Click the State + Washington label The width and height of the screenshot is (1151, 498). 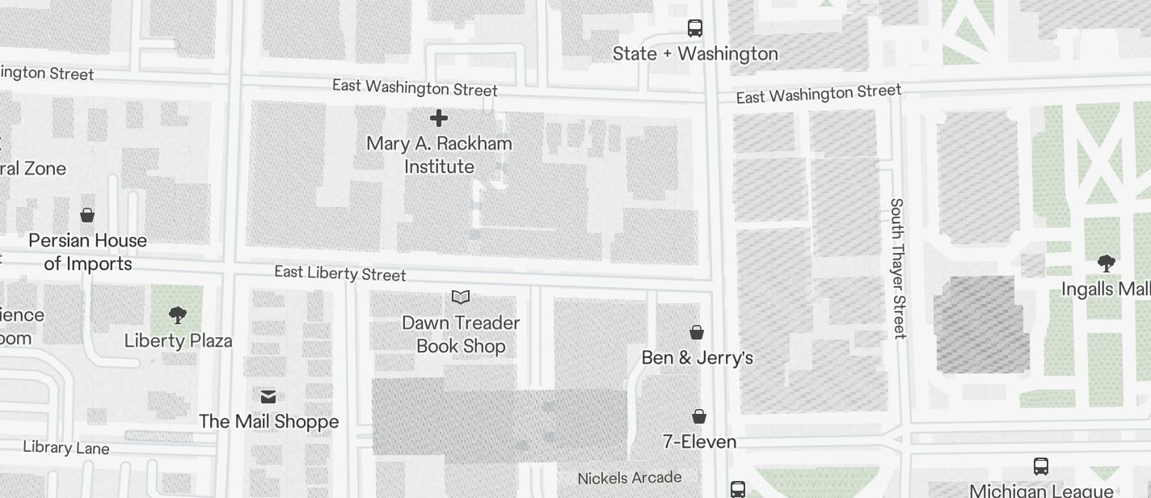pos(695,54)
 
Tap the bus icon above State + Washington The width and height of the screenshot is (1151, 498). pos(694,28)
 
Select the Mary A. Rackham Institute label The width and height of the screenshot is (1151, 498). pos(439,154)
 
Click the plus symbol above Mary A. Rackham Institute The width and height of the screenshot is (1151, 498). pos(439,119)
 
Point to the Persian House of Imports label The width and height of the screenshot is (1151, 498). pos(87,251)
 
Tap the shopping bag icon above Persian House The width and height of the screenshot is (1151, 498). pos(87,215)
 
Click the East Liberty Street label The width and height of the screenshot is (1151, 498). pos(339,273)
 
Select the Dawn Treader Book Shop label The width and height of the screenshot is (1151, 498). pos(461,334)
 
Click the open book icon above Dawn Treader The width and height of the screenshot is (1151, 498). pos(461,298)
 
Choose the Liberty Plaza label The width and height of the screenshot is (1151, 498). pos(178,340)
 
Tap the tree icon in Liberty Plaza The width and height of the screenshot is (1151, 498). pos(178,314)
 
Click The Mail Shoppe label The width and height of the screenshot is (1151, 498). pos(268,421)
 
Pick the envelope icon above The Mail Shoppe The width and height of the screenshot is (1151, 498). pos(268,396)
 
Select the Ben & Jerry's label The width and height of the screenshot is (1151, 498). pos(697,357)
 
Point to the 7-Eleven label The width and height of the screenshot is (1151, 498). pos(699,441)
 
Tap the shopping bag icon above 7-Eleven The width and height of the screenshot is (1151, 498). pos(699,416)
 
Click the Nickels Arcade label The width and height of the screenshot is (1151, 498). pos(629,478)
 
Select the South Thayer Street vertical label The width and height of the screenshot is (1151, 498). pos(898,268)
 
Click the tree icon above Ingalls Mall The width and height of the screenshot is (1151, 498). pos(1107,263)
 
